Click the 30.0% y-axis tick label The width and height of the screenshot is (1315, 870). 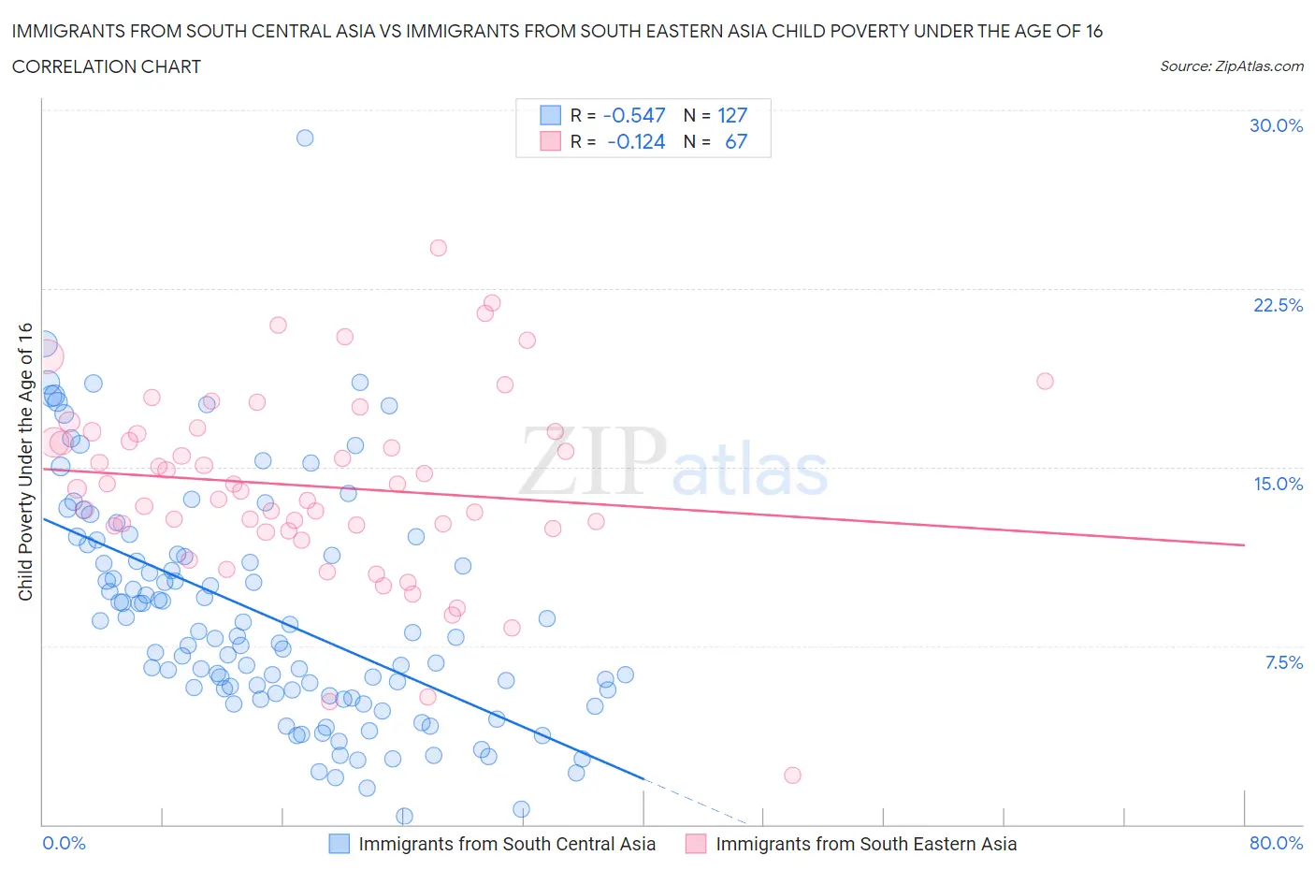coord(1276,125)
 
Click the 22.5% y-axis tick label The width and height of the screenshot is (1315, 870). coord(1278,305)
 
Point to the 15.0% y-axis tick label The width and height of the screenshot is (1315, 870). coord(1278,484)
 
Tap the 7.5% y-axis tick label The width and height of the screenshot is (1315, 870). coord(1283,662)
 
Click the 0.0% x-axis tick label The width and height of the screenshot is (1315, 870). coord(64,843)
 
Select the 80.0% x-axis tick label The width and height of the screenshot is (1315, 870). coord(1276,843)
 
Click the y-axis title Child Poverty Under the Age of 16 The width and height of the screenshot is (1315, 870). coord(25,462)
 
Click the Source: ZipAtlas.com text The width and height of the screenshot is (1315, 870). coord(1231,66)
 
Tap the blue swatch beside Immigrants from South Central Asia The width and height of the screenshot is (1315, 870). coord(339,844)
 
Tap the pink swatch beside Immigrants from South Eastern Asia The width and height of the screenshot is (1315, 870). coord(696,844)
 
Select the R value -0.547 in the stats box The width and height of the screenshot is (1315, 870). coord(634,115)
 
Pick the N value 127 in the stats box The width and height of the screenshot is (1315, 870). coord(732,115)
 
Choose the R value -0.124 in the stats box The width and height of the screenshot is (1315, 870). coord(636,141)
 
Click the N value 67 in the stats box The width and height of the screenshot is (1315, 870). coord(736,141)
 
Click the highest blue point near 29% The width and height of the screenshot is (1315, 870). coord(305,138)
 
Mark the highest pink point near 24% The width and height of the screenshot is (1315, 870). coord(438,248)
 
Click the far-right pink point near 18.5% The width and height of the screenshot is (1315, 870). coord(1045,381)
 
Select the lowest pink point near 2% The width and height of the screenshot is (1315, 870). coord(792,775)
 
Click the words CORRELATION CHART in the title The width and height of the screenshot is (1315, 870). coord(107,66)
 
